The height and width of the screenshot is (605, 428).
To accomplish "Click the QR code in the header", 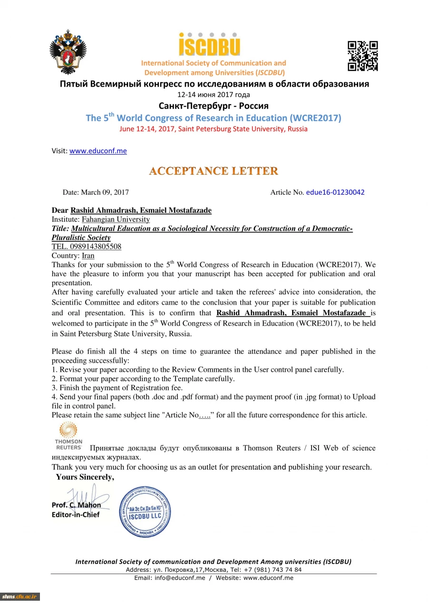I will coord(363,56).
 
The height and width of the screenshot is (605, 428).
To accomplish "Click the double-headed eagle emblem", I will coord(69,51).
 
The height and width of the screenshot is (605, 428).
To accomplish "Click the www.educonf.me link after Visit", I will coord(98,151).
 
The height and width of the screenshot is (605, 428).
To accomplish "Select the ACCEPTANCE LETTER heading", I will coord(214,171).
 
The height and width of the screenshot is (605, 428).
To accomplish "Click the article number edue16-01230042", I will coord(335,192).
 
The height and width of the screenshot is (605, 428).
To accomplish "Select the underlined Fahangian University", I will coord(116,219).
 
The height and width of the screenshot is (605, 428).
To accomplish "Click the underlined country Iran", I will coord(88,256).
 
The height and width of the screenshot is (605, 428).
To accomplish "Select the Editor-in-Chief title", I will coord(76,515).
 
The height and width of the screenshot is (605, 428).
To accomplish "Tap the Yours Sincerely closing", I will coord(85,477).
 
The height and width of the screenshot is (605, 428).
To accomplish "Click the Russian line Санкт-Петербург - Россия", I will coord(214,106).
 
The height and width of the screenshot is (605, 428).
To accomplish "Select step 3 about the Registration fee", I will coord(117,388).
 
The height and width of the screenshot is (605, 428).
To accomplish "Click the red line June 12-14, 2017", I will coord(214,129).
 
